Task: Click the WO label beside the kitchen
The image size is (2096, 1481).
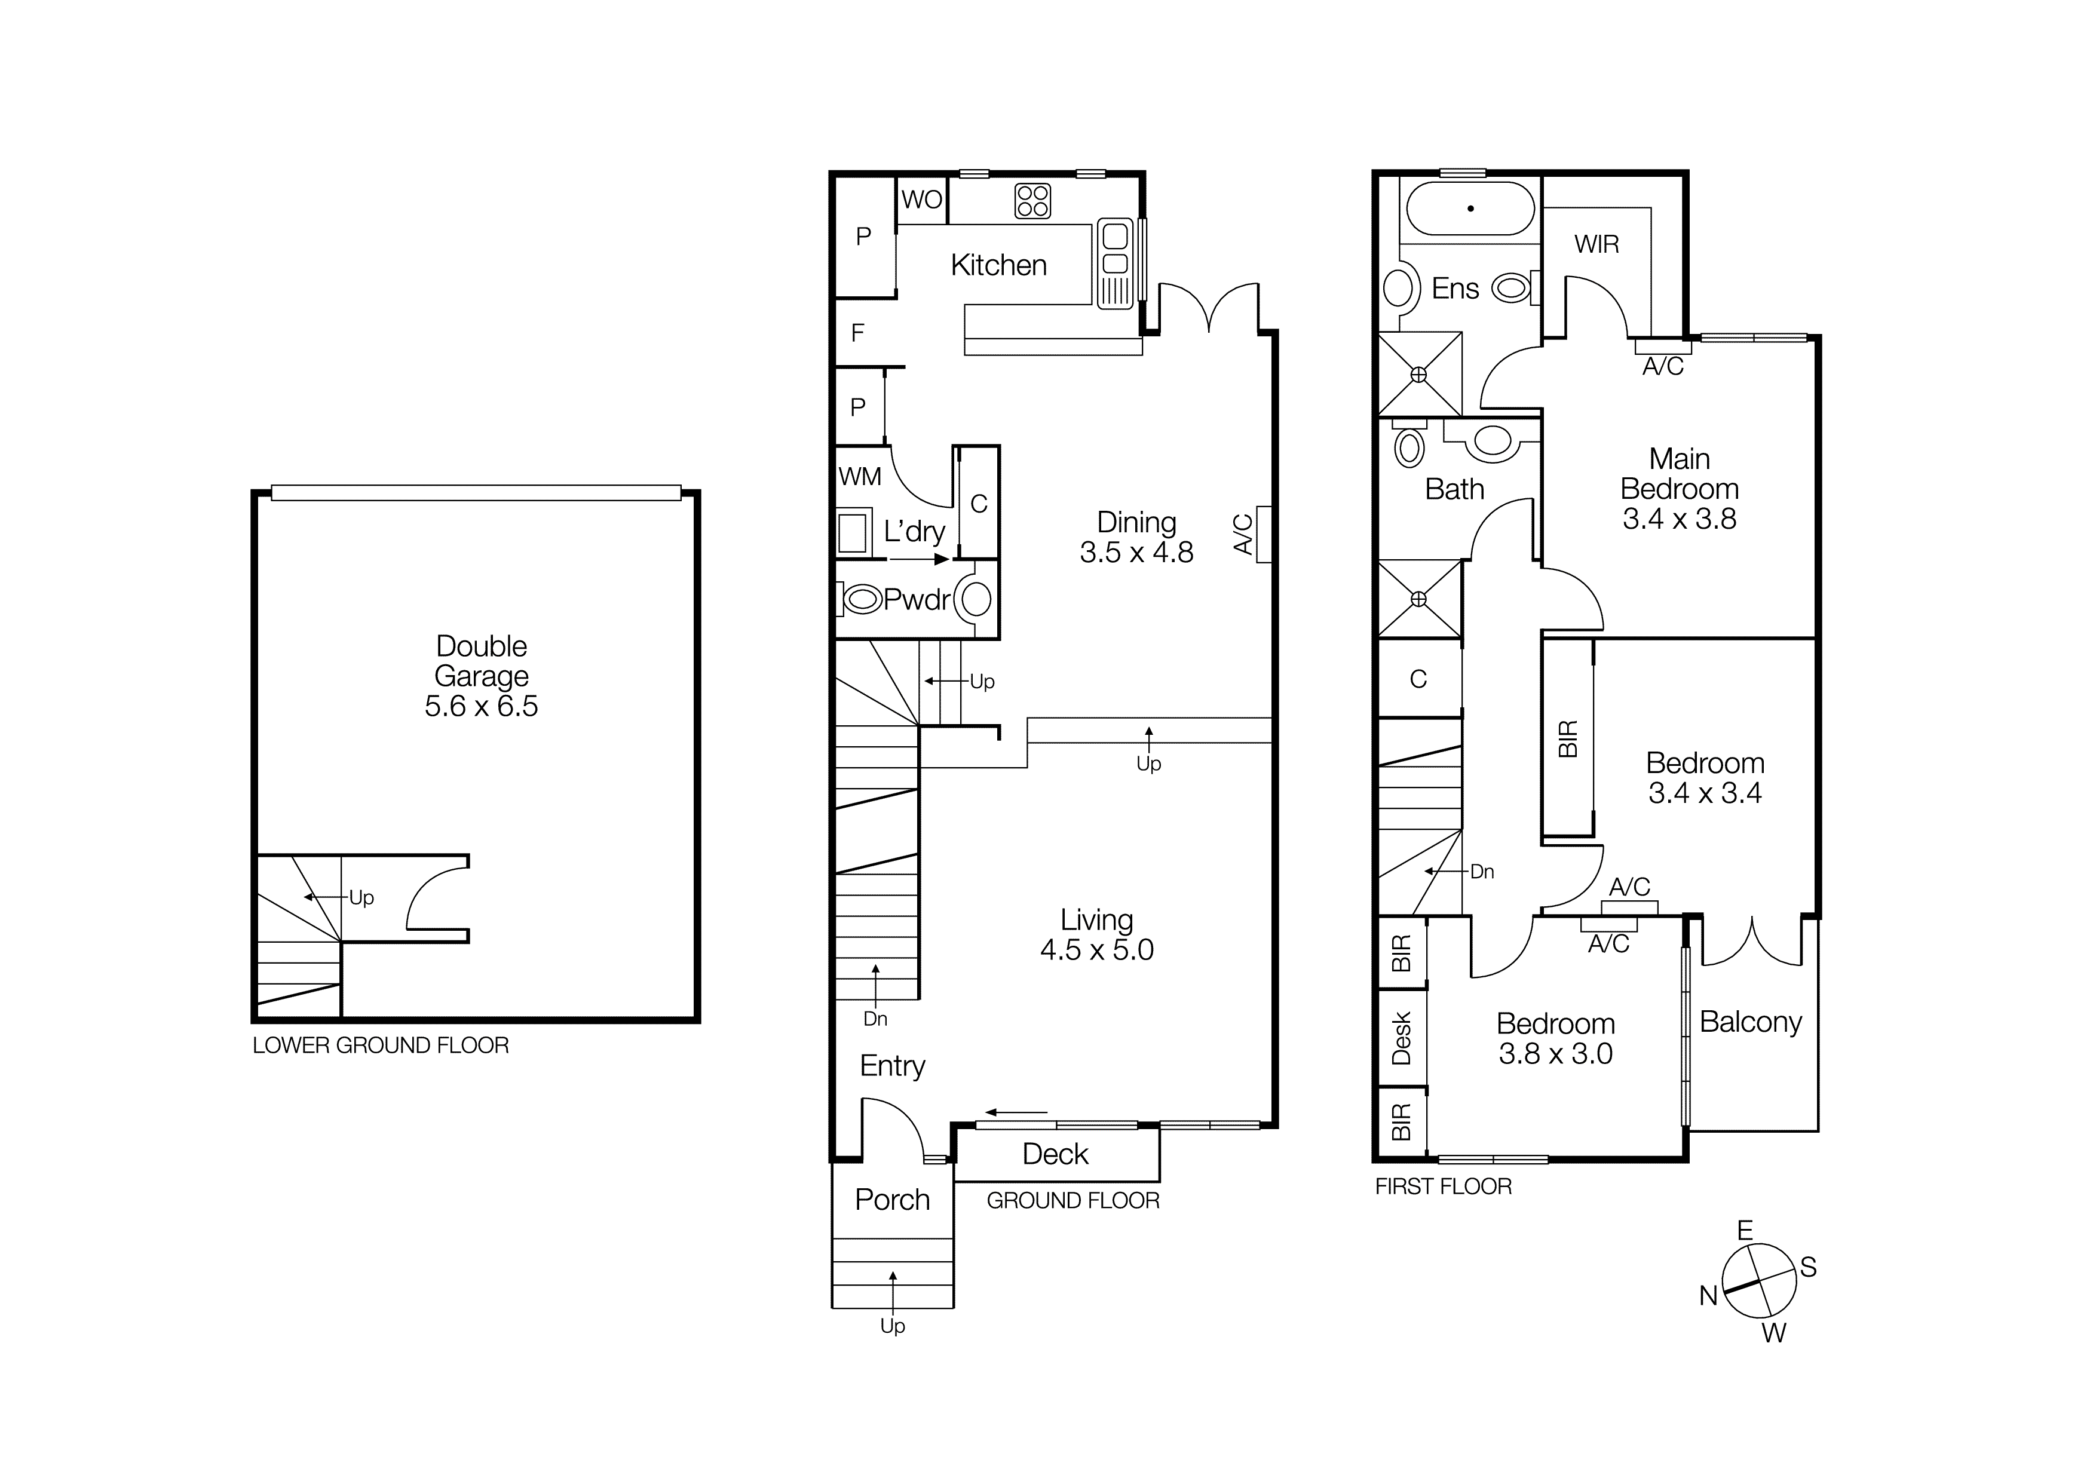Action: [x=921, y=200]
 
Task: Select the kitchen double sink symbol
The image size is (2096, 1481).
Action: [x=1115, y=263]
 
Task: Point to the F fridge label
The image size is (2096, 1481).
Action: [x=857, y=333]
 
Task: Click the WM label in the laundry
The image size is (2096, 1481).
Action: [x=860, y=476]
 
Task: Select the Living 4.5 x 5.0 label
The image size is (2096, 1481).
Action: [x=1096, y=934]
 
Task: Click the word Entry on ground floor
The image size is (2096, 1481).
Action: [x=892, y=1066]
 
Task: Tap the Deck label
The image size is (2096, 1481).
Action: [x=1055, y=1154]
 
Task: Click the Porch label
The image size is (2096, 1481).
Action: [x=892, y=1199]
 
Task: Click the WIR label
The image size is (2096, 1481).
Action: [x=1596, y=244]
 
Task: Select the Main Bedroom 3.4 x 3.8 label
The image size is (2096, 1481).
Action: [x=1679, y=488]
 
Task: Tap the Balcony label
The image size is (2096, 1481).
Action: [x=1750, y=1022]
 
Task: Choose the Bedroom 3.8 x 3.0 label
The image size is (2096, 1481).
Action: [x=1555, y=1038]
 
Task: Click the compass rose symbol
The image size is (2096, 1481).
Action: [x=1758, y=1281]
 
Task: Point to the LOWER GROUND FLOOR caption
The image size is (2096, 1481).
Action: [x=381, y=1045]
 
